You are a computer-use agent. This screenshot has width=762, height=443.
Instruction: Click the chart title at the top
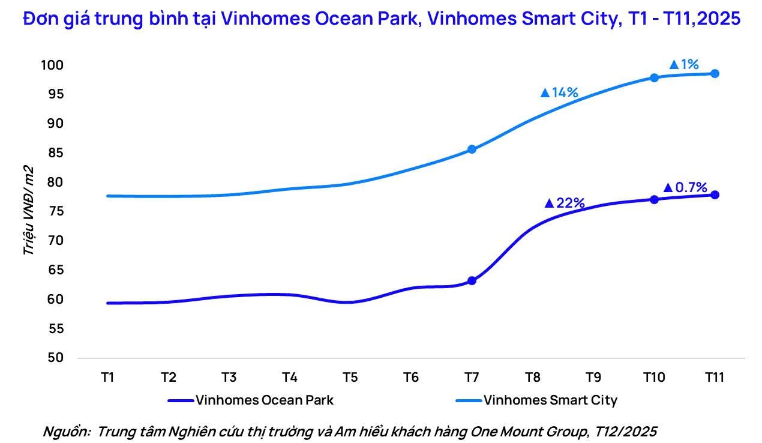[x=381, y=19]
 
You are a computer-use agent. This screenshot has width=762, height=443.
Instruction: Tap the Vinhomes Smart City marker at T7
[x=472, y=149]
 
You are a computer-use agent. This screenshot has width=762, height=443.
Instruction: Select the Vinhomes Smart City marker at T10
[x=654, y=77]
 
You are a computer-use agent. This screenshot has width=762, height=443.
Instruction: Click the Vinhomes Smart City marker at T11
[x=715, y=73]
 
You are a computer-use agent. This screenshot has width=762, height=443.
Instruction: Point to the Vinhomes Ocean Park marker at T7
[x=472, y=280]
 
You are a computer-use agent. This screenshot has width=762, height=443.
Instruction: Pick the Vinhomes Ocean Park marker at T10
[x=654, y=199]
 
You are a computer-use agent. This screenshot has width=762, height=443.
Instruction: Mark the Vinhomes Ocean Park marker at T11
[x=715, y=194]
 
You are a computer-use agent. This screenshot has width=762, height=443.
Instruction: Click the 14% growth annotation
[x=559, y=92]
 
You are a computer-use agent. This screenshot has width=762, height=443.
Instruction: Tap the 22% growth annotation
[x=565, y=203]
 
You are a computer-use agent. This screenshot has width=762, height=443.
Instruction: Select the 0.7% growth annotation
[x=685, y=188]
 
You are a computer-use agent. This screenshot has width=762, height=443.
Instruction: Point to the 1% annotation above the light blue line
[x=684, y=64]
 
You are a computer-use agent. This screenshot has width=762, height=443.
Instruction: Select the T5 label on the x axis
[x=350, y=378]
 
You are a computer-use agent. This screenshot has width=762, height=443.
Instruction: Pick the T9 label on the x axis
[x=593, y=378]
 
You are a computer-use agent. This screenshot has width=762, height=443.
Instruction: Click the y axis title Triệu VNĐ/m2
[x=28, y=210]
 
